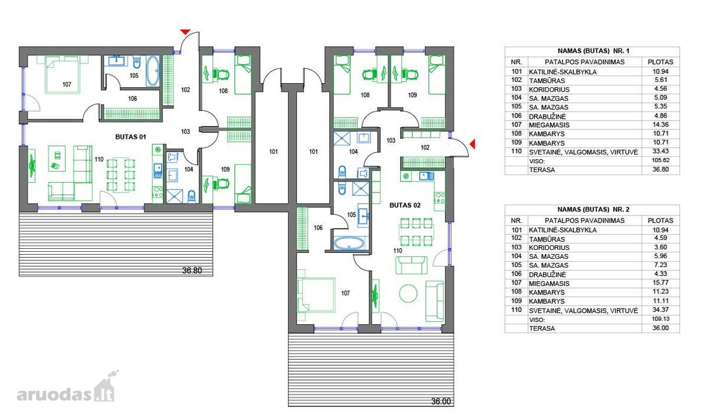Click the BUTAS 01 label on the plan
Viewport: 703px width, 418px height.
[131, 137]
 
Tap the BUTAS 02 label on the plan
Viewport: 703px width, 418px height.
[405, 205]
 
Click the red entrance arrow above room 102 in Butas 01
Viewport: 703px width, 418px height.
[185, 32]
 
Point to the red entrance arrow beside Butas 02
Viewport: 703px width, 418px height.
[472, 144]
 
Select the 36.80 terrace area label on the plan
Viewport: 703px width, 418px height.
[192, 270]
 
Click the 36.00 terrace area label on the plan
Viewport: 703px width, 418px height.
[441, 402]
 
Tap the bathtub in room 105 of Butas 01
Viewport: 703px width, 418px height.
[153, 71]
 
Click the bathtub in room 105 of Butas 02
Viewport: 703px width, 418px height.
[349, 244]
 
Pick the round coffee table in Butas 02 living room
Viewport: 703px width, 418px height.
[408, 293]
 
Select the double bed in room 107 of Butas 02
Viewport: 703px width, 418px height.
[316, 294]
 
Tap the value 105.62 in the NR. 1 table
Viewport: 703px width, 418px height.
[660, 160]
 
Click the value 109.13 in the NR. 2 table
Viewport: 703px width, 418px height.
[660, 319]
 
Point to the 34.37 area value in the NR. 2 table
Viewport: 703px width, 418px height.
[660, 310]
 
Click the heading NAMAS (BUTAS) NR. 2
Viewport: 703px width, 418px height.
[592, 210]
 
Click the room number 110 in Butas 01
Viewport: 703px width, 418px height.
[99, 160]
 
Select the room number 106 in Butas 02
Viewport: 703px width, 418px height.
[318, 228]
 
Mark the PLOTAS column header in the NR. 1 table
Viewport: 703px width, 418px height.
[660, 62]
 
